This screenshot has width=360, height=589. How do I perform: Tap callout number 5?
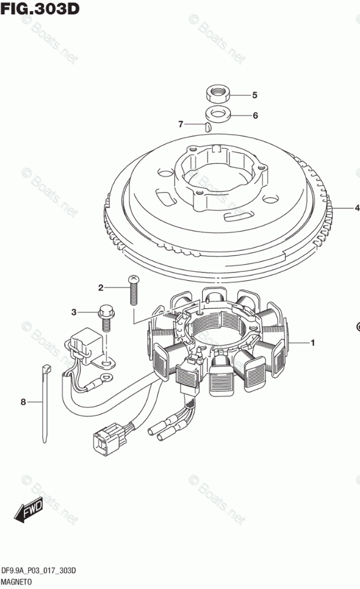click(254, 95)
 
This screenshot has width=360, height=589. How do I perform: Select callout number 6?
click(255, 116)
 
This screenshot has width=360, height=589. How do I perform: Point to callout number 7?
click(180, 124)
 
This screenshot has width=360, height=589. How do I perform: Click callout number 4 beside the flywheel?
click(356, 208)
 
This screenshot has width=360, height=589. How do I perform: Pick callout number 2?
click(101, 289)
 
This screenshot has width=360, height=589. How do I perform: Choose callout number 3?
click(74, 312)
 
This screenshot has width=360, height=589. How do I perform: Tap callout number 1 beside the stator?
click(311, 343)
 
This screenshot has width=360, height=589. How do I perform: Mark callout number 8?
click(24, 402)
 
